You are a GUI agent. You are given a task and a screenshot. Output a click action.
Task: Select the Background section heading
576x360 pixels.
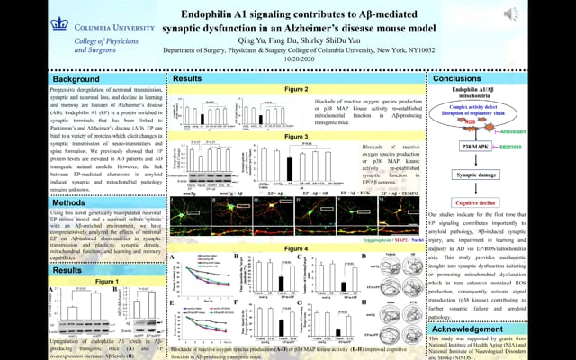39,79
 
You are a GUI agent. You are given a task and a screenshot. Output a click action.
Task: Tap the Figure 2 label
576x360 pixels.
296,91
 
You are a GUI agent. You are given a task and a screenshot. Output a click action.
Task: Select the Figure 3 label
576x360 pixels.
296,136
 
